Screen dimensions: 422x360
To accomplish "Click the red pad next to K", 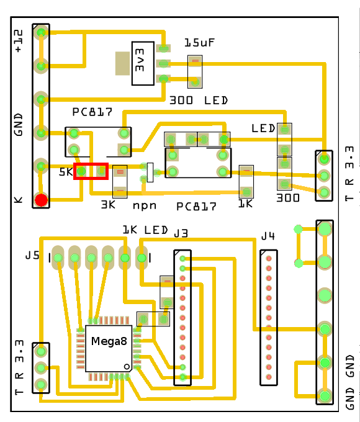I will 41,200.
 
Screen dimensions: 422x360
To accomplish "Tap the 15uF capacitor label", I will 200,43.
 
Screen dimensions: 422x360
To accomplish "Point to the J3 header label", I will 181,234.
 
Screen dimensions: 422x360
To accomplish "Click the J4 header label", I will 268,236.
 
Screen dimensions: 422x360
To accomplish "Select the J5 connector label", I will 32,255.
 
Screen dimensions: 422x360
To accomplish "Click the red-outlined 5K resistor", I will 91,171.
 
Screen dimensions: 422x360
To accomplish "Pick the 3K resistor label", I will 109,204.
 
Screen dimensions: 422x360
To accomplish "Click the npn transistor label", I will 144,204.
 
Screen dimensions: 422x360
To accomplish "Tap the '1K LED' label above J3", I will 145,230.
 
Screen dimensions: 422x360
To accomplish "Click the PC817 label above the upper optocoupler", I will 92,112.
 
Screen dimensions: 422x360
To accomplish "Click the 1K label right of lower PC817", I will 246,203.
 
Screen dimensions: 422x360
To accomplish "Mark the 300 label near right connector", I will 287,199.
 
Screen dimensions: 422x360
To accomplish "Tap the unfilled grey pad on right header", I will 324,294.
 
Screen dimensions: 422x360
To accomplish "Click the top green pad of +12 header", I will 41,32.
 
